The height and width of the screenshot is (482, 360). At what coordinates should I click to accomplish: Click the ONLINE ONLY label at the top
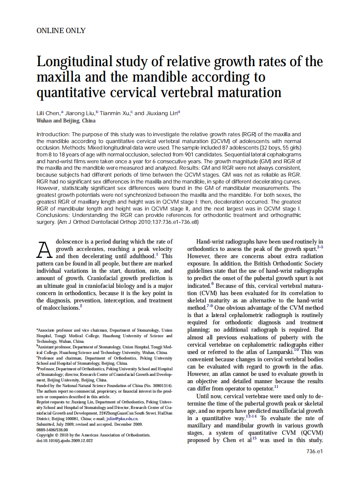(x=61, y=31)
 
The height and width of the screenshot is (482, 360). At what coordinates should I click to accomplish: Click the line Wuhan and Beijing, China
(x=66, y=121)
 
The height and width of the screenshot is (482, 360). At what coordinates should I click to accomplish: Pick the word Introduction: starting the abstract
(x=53, y=134)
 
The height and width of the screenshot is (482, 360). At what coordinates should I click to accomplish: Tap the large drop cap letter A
(x=45, y=249)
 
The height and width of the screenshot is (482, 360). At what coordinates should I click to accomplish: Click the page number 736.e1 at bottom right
(x=314, y=451)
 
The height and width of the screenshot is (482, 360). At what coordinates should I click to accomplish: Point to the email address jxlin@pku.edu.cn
(x=123, y=418)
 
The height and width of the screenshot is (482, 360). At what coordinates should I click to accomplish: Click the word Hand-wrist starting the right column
(x=211, y=242)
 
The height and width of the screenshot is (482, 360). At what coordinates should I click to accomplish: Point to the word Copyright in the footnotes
(x=46, y=434)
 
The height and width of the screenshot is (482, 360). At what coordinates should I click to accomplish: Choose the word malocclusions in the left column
(x=58, y=308)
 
